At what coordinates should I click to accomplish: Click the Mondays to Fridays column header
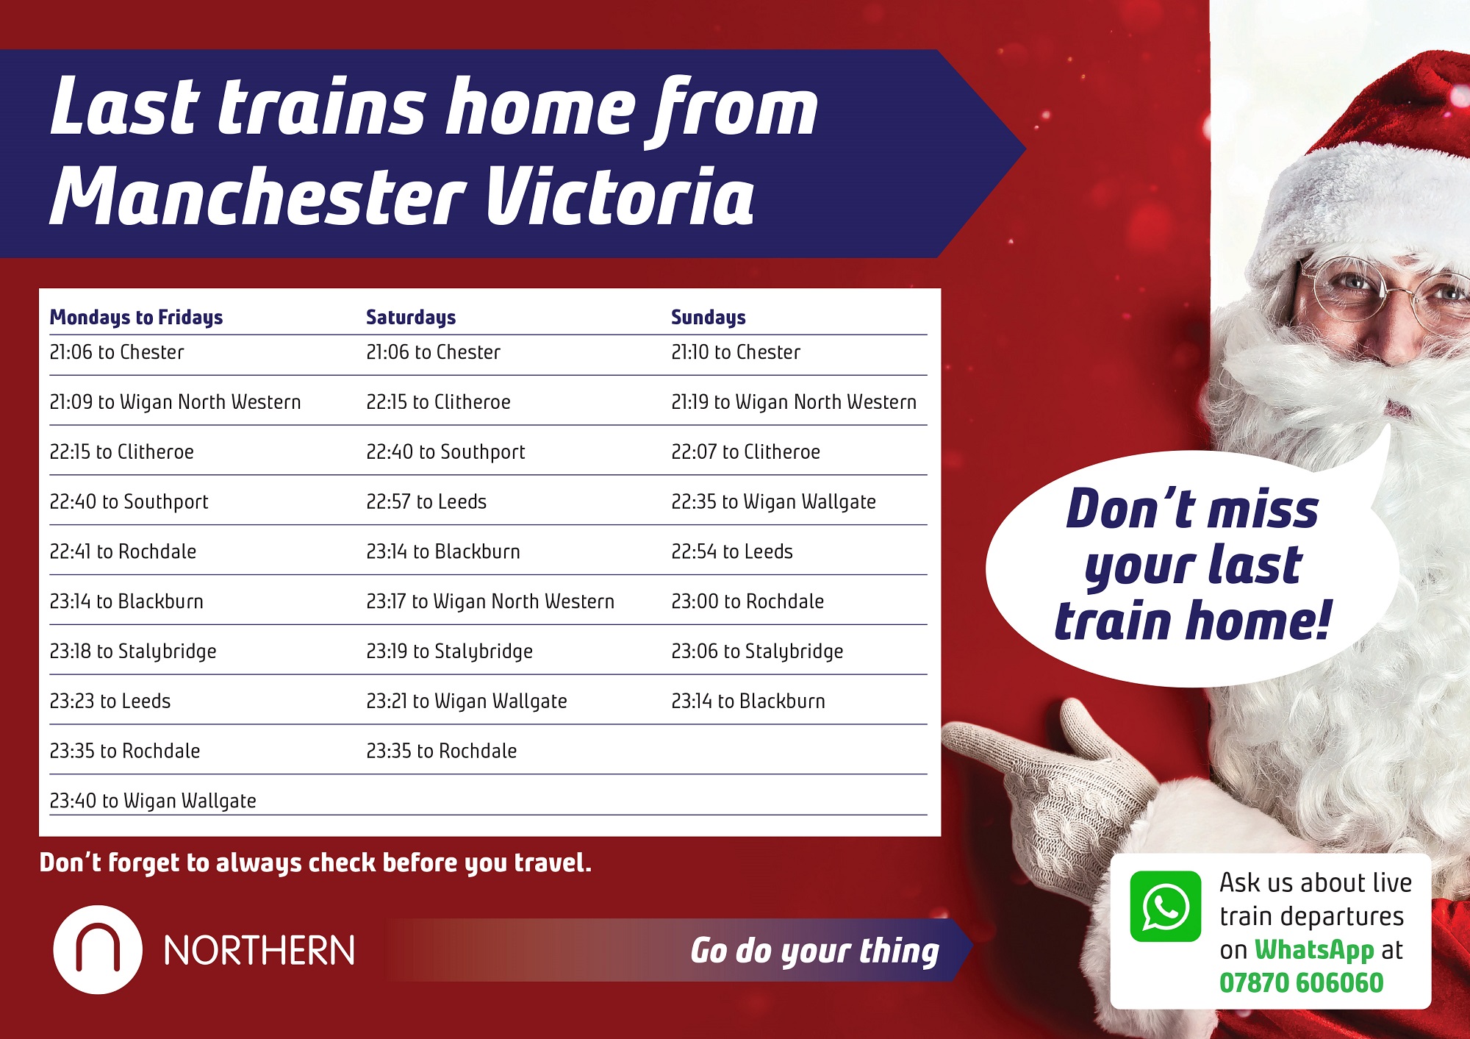click(136, 318)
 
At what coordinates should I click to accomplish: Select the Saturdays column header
click(411, 318)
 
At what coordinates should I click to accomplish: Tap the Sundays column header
click(709, 317)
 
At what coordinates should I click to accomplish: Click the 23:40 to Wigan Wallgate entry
click(153, 801)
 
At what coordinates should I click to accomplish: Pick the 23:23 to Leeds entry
click(110, 701)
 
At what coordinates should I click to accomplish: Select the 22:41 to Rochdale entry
click(123, 551)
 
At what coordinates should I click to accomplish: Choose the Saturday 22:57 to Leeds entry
click(426, 501)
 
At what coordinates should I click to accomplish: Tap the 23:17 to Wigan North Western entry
click(490, 601)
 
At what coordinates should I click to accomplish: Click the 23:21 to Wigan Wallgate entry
click(467, 701)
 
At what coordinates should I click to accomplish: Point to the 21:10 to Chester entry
click(736, 352)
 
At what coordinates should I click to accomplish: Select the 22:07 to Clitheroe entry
click(745, 451)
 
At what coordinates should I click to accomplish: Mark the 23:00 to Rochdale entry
click(747, 601)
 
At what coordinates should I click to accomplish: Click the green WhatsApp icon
click(1166, 907)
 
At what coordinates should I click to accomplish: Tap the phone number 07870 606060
click(1302, 983)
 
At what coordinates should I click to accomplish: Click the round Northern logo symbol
click(98, 950)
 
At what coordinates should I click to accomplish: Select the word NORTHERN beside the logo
click(259, 951)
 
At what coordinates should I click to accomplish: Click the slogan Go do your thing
click(814, 951)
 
